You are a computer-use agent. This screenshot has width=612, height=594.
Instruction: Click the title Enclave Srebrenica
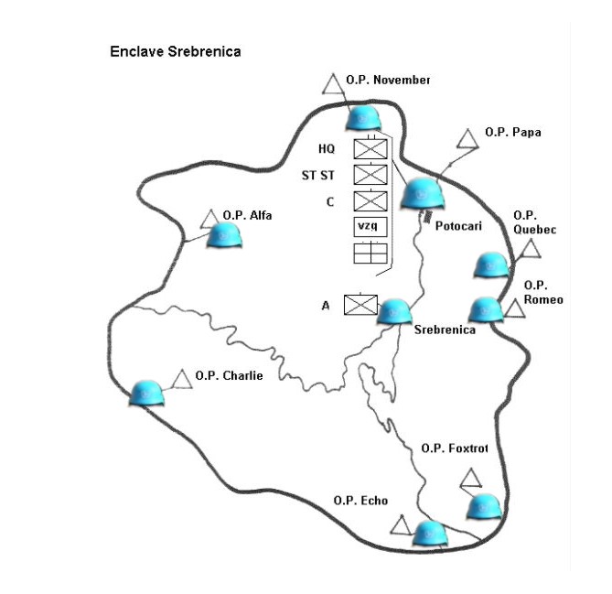[175, 51]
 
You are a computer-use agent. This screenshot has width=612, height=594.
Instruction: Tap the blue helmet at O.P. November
[363, 118]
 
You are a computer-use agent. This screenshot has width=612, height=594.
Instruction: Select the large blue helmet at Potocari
[423, 193]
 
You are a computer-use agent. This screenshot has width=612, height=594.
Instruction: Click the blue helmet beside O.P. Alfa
[225, 234]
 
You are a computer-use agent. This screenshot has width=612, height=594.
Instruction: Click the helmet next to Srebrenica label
[395, 310]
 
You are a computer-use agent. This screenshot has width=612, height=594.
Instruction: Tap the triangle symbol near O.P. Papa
[467, 139]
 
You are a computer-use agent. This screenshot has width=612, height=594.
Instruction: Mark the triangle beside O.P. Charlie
[182, 379]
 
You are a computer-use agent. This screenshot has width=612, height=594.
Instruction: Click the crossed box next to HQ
[370, 148]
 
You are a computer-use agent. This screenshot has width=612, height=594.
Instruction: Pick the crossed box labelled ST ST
[370, 174]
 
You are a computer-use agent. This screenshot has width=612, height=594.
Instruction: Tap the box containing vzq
[370, 226]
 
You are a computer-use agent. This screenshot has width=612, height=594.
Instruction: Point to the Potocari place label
[456, 225]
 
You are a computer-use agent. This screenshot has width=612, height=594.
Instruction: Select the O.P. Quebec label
[534, 221]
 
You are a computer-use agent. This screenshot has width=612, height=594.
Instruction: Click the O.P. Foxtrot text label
[455, 448]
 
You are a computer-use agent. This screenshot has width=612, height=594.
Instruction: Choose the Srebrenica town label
[445, 329]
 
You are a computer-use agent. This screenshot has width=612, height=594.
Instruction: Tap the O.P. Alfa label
[248, 215]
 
